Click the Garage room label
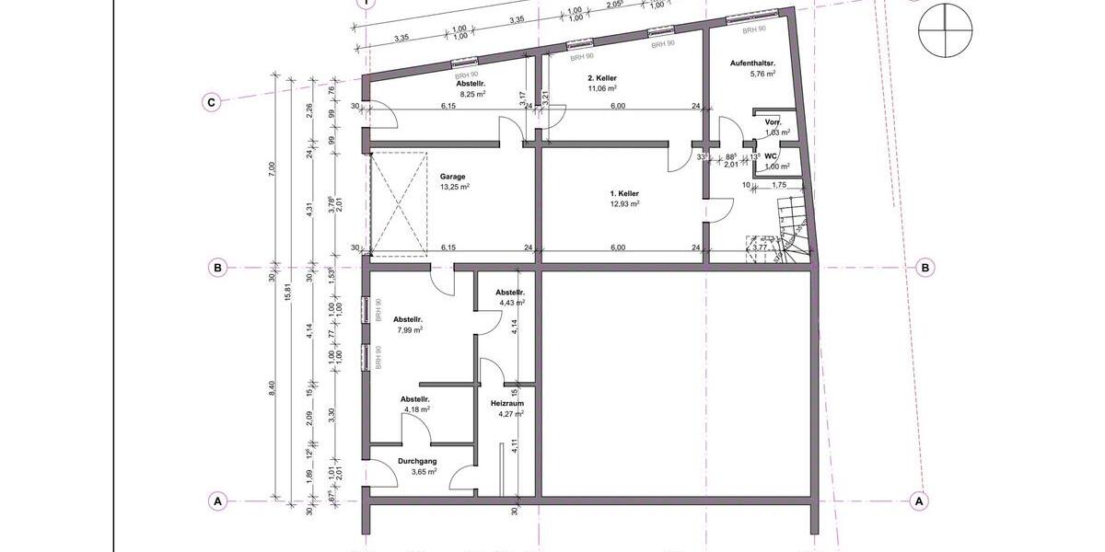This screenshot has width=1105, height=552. [452, 176]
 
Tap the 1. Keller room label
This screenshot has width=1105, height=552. [624, 193]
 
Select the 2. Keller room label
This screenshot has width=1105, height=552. [601, 79]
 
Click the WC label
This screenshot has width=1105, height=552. [771, 156]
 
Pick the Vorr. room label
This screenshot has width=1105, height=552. [773, 122]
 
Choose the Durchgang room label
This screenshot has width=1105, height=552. [417, 461]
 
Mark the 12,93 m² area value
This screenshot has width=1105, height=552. [624, 203]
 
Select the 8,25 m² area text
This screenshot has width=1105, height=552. [472, 94]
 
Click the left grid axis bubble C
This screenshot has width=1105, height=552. [211, 102]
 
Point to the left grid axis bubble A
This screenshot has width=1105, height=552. [218, 501]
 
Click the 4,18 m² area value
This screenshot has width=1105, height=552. [415, 409]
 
